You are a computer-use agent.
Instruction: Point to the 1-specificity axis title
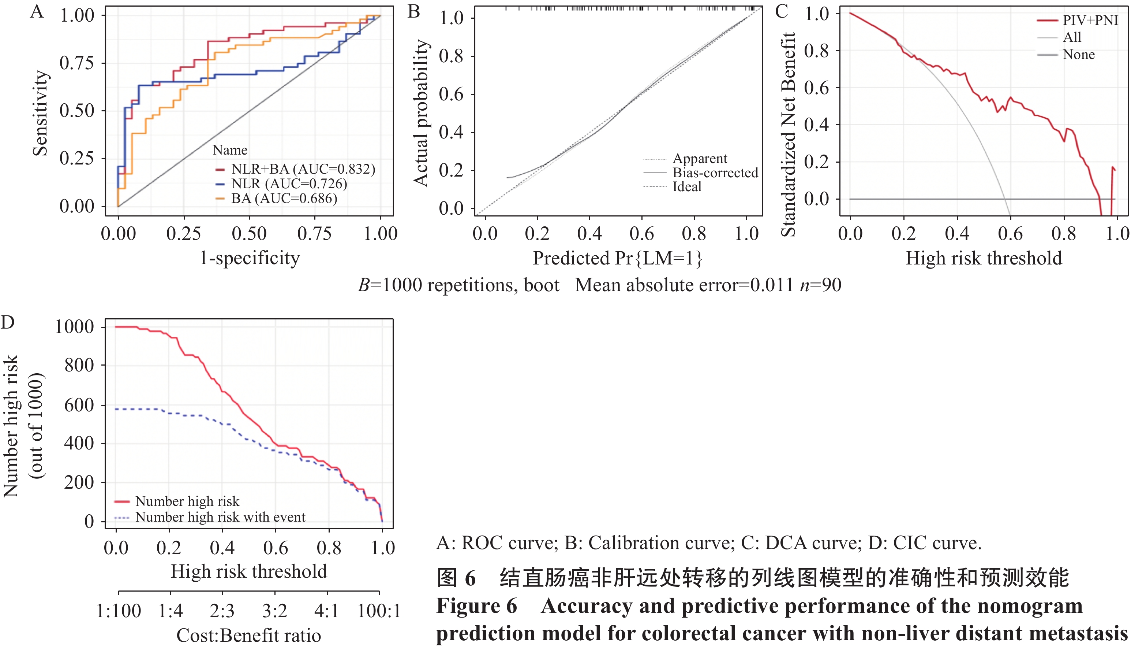tap(250, 258)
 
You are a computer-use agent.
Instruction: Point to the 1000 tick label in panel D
tap(74, 327)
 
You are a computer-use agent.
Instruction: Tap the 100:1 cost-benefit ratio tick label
tap(379, 611)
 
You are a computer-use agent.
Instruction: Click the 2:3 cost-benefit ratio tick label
tap(222, 611)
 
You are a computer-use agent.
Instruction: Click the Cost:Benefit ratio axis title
tap(248, 636)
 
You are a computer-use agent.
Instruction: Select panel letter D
tap(8, 322)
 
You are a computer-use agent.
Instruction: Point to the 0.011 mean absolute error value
tap(771, 285)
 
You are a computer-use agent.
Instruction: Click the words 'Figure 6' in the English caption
tap(476, 606)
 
